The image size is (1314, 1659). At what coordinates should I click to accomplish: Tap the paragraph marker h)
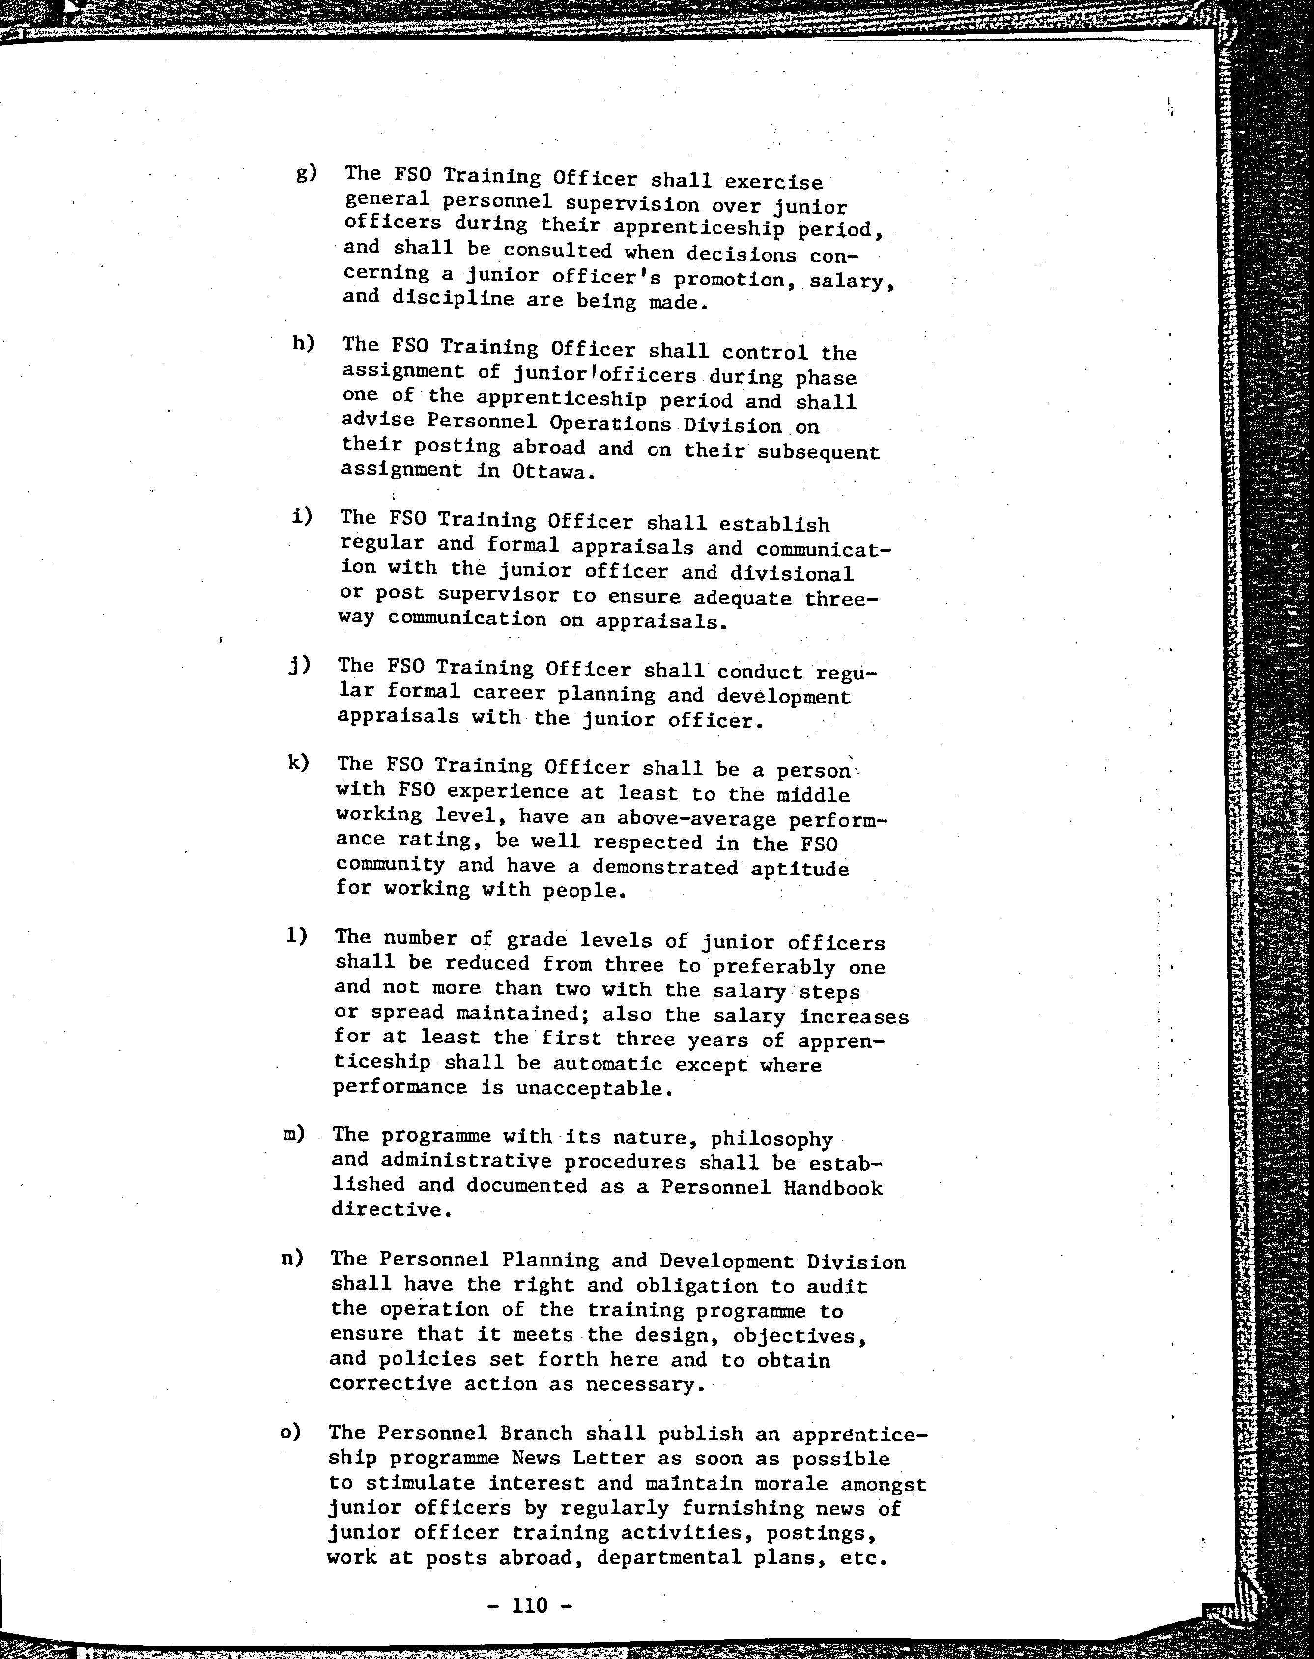(303, 343)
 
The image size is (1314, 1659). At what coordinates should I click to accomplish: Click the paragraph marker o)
(291, 1432)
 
